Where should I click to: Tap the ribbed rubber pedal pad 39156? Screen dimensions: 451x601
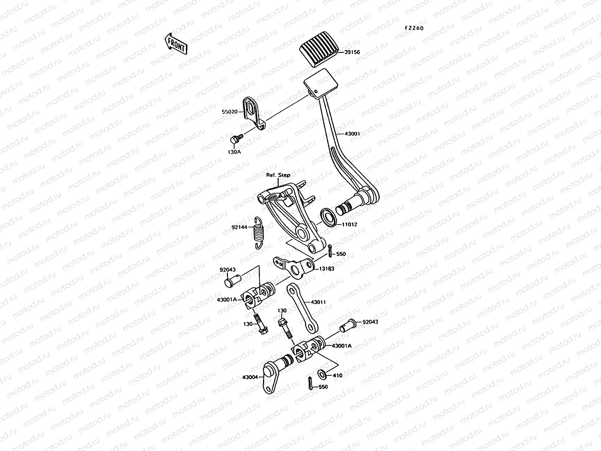click(x=319, y=54)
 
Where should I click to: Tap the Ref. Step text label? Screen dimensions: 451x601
click(x=278, y=175)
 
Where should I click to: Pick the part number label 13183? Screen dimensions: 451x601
click(x=326, y=269)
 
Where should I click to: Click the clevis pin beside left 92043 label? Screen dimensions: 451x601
click(x=233, y=281)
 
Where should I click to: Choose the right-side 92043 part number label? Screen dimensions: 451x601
click(x=370, y=322)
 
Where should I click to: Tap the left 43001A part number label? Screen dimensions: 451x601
click(x=227, y=299)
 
